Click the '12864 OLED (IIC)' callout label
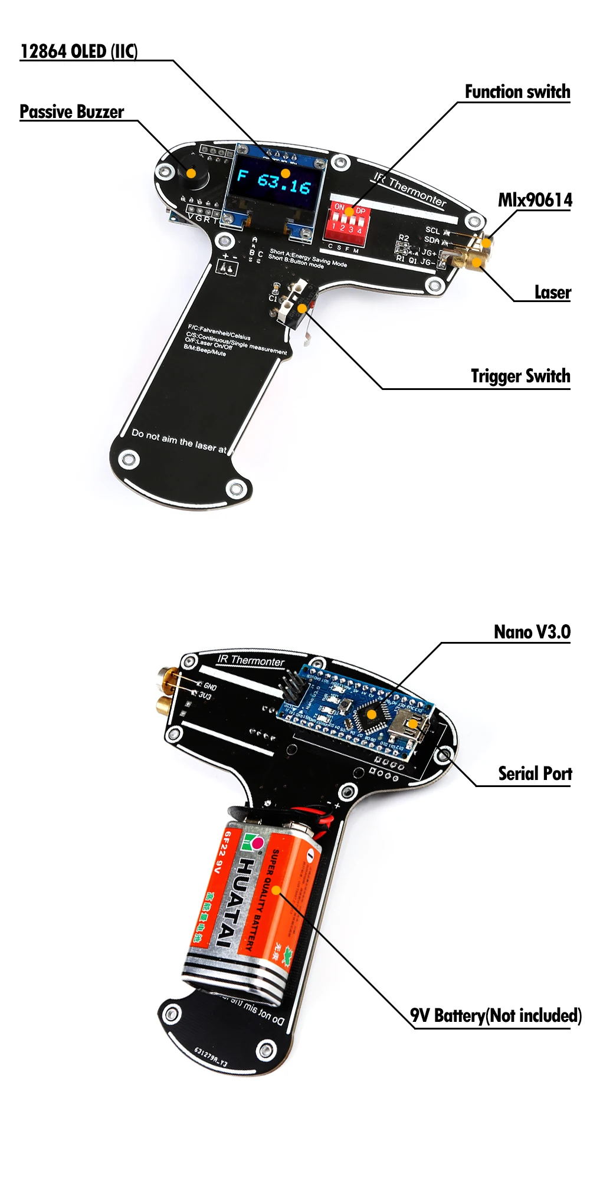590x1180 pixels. pos(79,51)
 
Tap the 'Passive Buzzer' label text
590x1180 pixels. pos(72,112)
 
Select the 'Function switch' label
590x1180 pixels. pos(517,92)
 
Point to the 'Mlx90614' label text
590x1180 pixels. pos(535,200)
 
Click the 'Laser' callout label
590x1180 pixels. pos(552,292)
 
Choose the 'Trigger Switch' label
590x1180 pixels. pos(520,376)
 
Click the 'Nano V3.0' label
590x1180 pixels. pos(532,632)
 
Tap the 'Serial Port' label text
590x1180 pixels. pos(535,773)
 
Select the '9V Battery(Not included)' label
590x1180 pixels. pos(496,1015)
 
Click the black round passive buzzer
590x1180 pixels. pos(191,173)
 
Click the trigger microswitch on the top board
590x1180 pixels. pos(295,304)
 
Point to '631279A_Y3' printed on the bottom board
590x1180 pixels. pos(211,1057)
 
